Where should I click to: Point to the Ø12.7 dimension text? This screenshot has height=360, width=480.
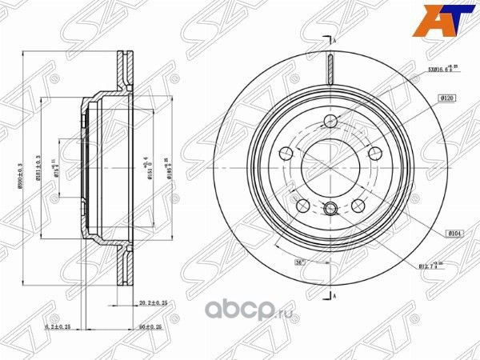tap(433, 267)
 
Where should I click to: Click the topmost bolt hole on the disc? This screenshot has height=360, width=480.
tap(330, 122)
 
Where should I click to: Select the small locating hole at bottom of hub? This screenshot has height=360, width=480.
tap(330, 210)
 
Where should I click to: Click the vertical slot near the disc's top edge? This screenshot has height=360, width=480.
tap(330, 67)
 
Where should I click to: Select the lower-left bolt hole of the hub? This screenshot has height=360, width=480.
tap(303, 206)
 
